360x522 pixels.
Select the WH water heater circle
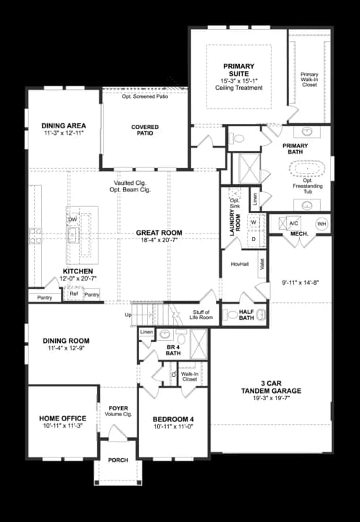coord(322,224)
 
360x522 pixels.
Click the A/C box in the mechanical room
coord(294,223)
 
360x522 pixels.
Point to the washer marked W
coord(254,223)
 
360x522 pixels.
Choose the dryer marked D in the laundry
coord(254,239)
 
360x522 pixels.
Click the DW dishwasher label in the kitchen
coord(72,220)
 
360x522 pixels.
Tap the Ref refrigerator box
coord(74,294)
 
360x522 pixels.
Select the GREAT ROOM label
coord(159,233)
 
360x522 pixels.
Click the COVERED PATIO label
coord(145,130)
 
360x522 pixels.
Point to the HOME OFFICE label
coord(62,418)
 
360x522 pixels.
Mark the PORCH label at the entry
coord(118,460)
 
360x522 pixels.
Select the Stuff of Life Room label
coord(200,315)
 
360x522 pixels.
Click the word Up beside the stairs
coord(129,315)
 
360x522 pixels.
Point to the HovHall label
coord(240,264)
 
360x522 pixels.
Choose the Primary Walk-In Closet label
coord(309,79)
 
